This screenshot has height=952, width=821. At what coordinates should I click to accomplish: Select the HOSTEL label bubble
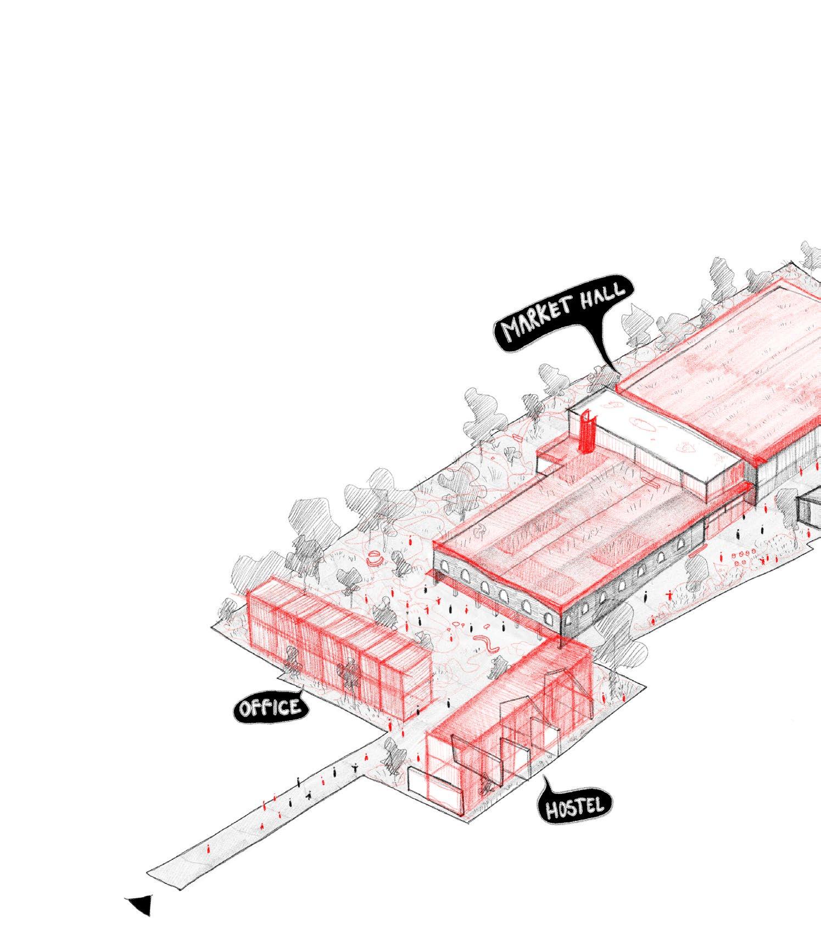tap(574, 807)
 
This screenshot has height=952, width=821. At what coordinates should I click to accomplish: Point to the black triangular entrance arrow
tap(140, 905)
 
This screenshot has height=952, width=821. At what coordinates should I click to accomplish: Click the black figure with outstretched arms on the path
tap(356, 768)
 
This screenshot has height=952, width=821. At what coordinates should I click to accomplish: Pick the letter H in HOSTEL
tap(551, 810)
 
